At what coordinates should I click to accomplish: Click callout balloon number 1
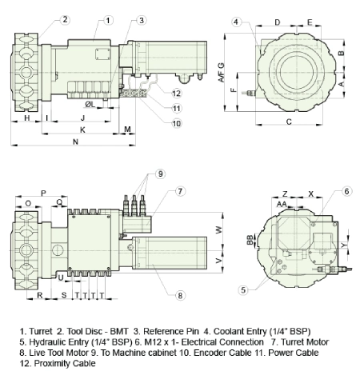pos(108,20)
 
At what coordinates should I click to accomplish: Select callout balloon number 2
pos(65,20)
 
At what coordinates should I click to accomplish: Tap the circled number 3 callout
pos(142,20)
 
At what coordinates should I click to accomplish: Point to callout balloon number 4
pos(236,22)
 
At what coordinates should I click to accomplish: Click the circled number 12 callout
pos(177,94)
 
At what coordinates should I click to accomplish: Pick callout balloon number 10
pos(177,123)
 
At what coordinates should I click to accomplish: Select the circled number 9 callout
pos(160,174)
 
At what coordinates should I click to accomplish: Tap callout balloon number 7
pos(180,191)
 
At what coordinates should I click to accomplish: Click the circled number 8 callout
pos(180,295)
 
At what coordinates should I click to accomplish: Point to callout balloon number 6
pos(346,191)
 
